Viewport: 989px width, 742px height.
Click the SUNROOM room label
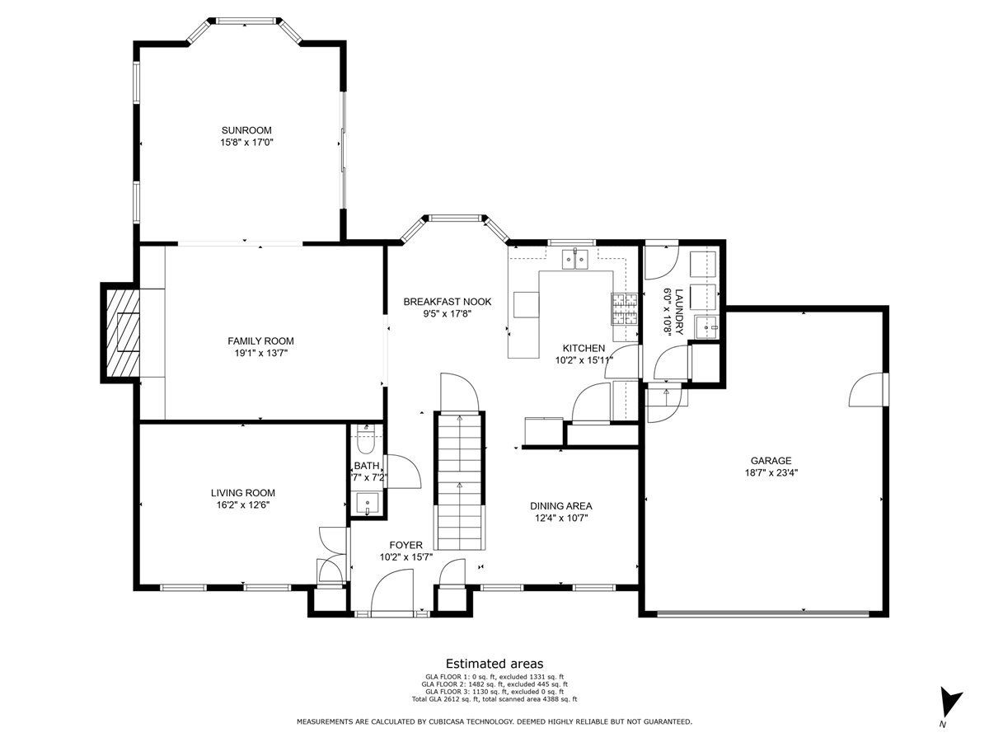tap(246, 130)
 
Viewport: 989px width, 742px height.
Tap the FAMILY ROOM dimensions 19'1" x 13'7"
tap(261, 353)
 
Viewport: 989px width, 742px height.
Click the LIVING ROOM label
tap(243, 493)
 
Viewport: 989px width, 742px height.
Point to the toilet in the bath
tap(365, 443)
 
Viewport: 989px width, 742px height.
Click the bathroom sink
tap(368, 503)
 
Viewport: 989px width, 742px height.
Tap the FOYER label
tap(406, 545)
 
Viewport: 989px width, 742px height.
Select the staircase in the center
tap(460, 481)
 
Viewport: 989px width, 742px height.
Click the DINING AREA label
tap(561, 506)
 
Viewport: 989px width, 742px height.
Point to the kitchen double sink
tap(575, 259)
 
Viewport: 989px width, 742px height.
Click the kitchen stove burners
tap(625, 308)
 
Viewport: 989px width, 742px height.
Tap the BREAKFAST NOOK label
tap(447, 302)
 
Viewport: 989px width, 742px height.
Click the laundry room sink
tap(706, 327)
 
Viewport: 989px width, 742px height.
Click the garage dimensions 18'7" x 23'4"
tap(771, 472)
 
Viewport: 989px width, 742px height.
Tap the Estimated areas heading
tap(494, 664)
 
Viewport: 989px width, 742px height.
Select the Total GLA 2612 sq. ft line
tap(494, 699)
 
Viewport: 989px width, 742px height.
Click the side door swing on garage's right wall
tap(866, 390)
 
